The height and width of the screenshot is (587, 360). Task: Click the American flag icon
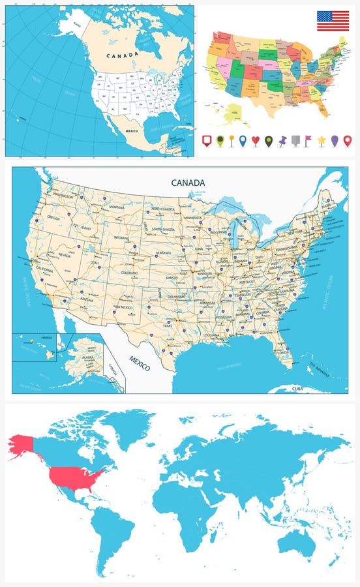click(332, 21)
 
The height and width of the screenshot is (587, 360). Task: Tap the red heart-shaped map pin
click(255, 140)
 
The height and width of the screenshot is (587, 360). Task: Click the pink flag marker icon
click(308, 140)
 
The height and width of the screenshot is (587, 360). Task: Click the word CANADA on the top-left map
click(123, 55)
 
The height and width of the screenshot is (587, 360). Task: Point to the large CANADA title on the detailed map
click(188, 183)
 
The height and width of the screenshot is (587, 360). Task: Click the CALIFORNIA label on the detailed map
click(44, 269)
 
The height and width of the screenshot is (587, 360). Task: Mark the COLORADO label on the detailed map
click(129, 273)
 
